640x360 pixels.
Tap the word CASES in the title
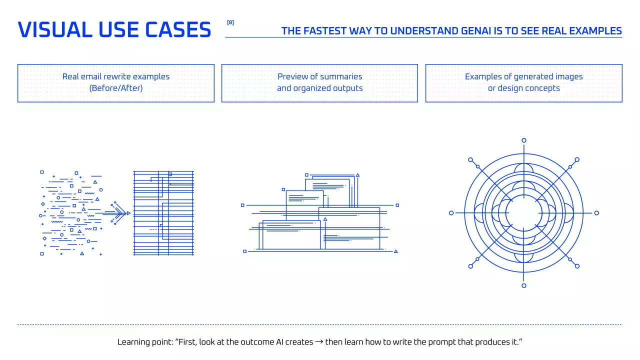[x=178, y=29]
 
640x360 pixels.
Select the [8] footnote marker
[x=230, y=22]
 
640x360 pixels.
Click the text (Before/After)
[x=115, y=88]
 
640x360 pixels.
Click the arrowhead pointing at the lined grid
[x=128, y=213]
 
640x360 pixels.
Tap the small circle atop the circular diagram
[x=523, y=140]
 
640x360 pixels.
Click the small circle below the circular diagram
[x=523, y=285]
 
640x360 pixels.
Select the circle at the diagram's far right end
[x=596, y=213]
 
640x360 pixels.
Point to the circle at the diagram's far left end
[x=451, y=213]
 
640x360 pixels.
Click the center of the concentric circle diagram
[x=523, y=213]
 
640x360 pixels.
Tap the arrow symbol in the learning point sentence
[x=319, y=341]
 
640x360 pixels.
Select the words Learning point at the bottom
[x=145, y=342]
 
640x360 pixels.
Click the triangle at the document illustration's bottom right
[x=395, y=251]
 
